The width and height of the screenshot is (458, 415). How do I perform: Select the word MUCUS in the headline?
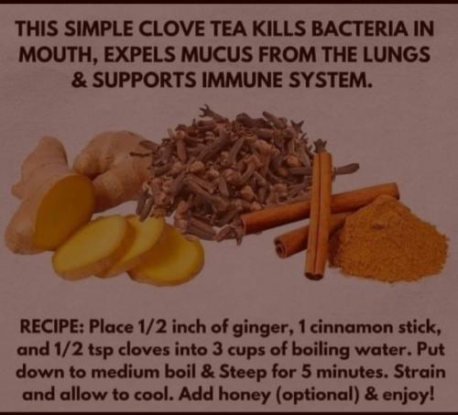click(x=212, y=54)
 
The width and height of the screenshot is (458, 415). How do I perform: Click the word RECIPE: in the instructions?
click(x=53, y=327)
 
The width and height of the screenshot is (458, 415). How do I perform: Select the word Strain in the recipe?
click(x=420, y=372)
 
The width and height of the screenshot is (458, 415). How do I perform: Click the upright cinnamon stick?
click(x=319, y=213)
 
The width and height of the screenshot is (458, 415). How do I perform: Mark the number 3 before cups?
click(x=217, y=350)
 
